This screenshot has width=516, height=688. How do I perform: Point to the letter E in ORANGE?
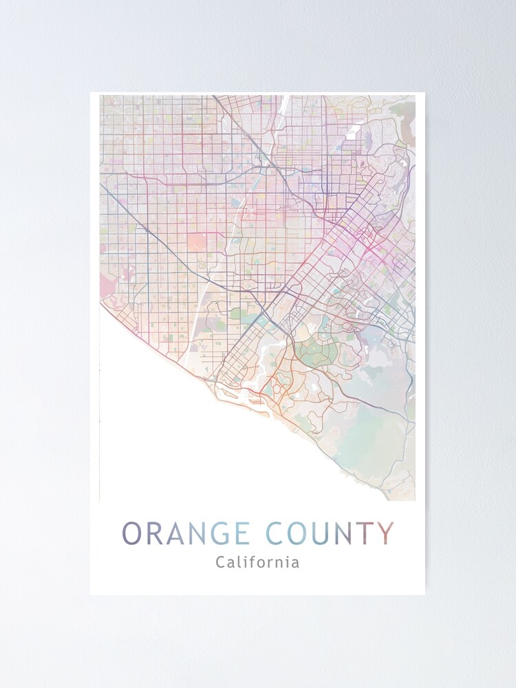pyautogui.click(x=241, y=533)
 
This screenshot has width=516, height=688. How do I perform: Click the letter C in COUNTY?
pyautogui.click(x=275, y=533)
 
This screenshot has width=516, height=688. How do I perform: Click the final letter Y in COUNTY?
pyautogui.click(x=386, y=533)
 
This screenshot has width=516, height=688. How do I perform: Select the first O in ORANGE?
pyautogui.click(x=133, y=533)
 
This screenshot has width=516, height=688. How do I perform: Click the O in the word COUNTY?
pyautogui.click(x=298, y=533)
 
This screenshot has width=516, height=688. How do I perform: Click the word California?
pyautogui.click(x=257, y=562)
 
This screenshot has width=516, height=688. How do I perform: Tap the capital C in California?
pyautogui.click(x=220, y=562)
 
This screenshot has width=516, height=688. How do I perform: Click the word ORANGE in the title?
pyautogui.click(x=186, y=533)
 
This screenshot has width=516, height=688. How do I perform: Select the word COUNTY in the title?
pyautogui.click(x=330, y=533)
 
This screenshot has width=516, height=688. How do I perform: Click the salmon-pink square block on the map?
pyautogui.click(x=196, y=242)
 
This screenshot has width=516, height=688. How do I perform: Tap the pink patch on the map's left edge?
pyautogui.click(x=107, y=285)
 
